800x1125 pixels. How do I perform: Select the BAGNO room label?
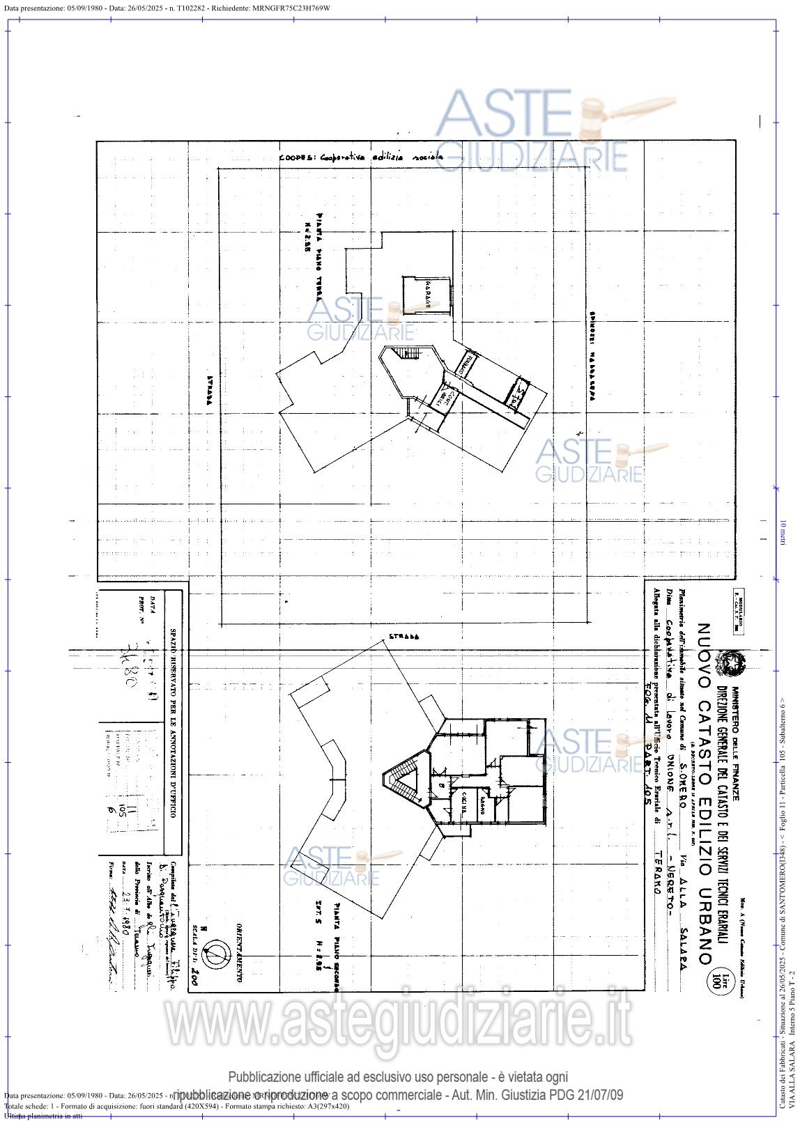click(482, 808)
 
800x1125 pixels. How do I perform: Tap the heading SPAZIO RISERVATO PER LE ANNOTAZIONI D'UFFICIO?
click(174, 724)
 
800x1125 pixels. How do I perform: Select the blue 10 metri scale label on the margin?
click(783, 533)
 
